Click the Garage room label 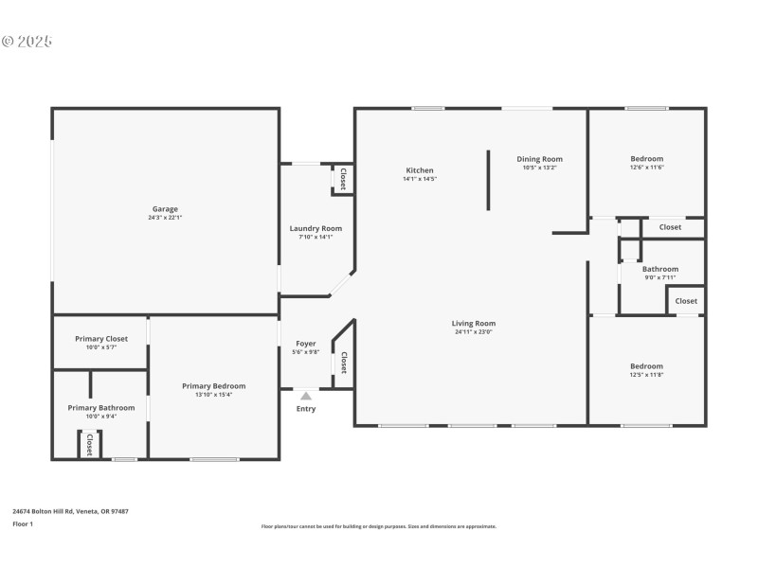pos(165,209)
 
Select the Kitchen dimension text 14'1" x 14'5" pos(420,179)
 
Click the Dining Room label pos(539,159)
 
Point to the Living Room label pos(473,323)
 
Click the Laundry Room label pos(316,228)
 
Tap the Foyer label pos(305,344)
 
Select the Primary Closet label pos(101,338)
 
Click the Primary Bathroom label pos(101,407)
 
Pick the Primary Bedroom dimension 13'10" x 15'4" pos(214,395)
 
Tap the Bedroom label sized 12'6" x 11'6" pos(647,159)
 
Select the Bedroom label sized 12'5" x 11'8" pos(647,366)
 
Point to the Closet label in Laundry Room pos(342,179)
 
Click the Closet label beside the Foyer pos(343,363)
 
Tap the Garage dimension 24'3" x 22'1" pos(165,218)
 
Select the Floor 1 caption pos(23,524)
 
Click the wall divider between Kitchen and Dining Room pos(489,179)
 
